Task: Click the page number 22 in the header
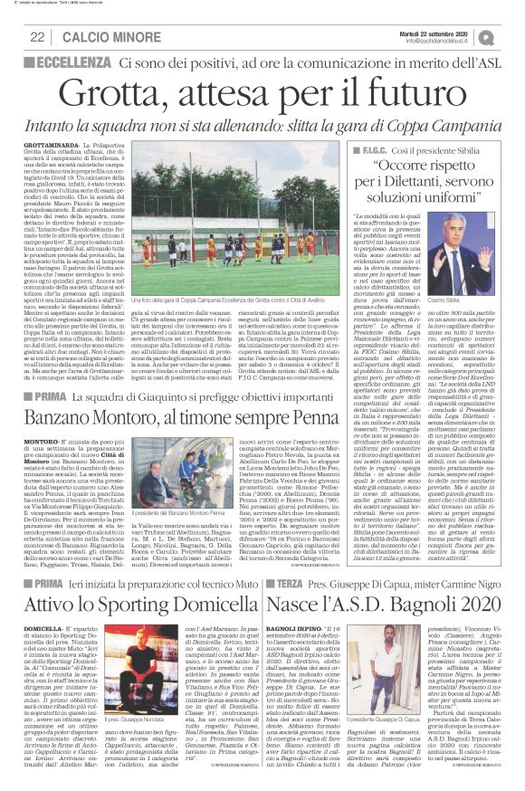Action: pyautogui.click(x=38, y=36)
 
